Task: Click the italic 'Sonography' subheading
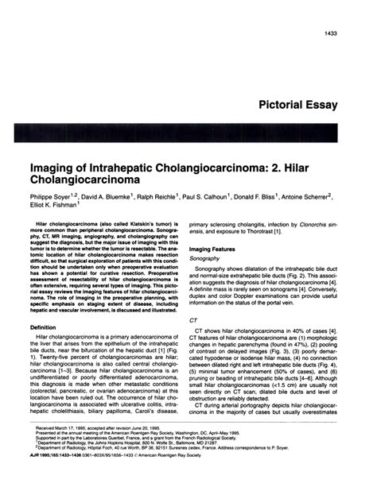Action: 207,259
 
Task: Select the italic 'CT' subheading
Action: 193,320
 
